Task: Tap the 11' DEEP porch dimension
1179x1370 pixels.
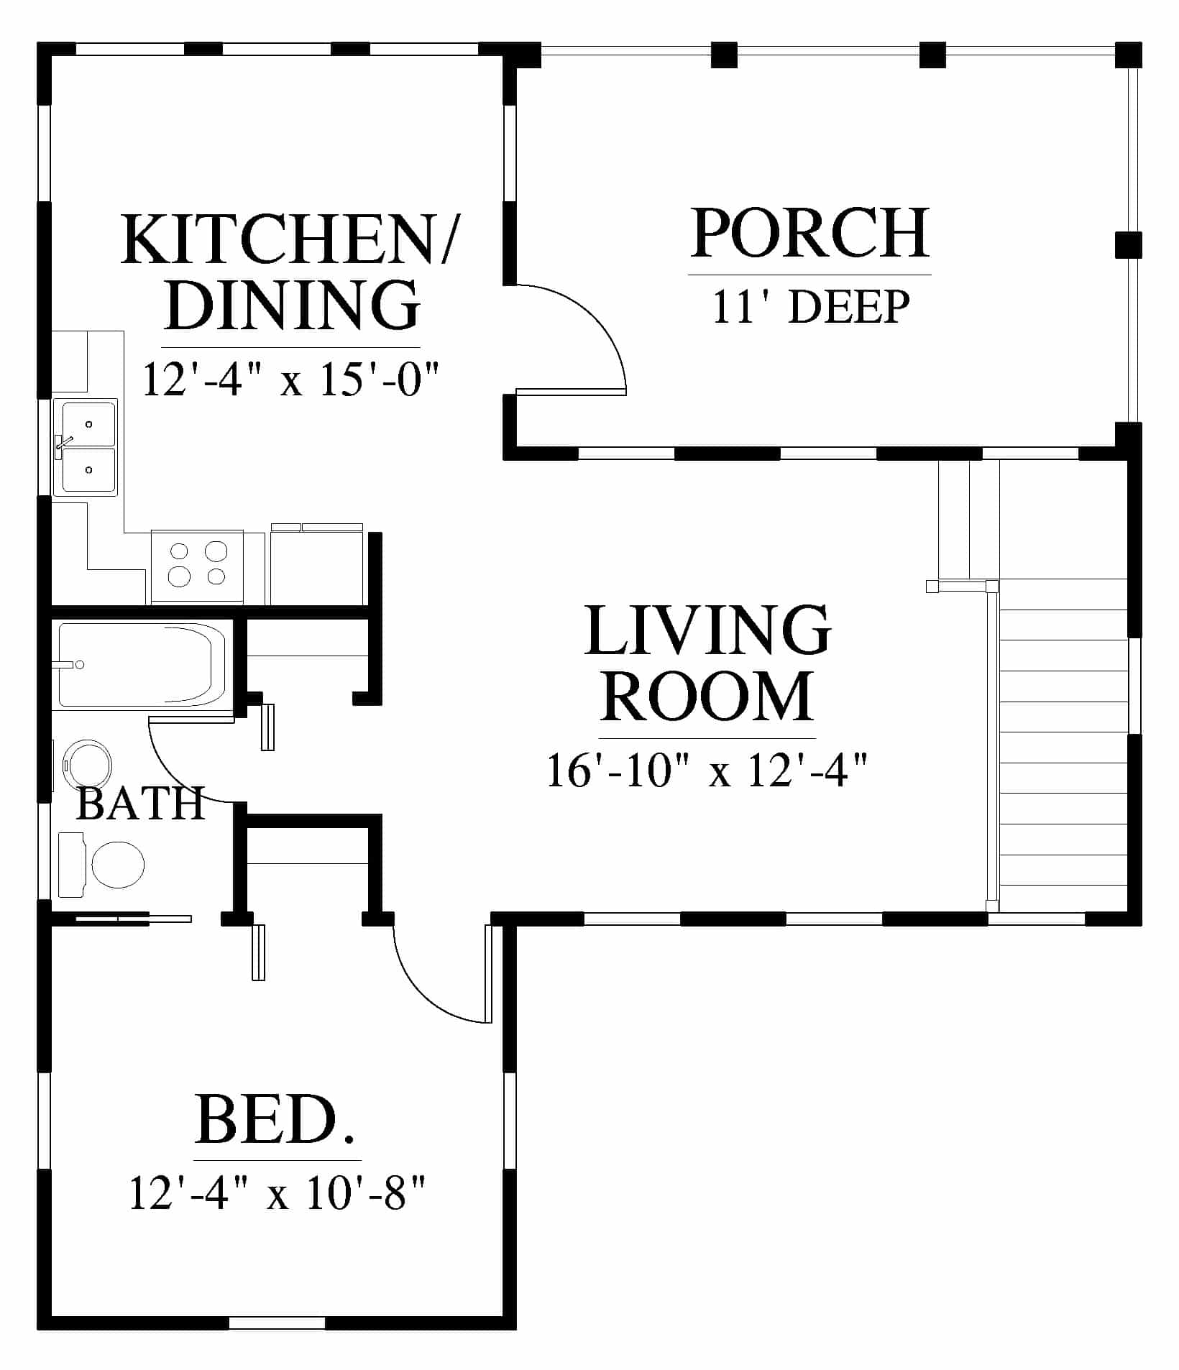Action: [811, 307]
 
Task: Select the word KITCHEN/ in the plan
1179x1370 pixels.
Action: [289, 239]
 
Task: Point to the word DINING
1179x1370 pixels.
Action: [292, 305]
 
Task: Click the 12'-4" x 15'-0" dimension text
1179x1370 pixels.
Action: [290, 379]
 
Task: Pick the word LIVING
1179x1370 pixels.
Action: [708, 630]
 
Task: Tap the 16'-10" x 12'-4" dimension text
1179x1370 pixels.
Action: [708, 771]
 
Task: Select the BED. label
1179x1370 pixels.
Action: [276, 1120]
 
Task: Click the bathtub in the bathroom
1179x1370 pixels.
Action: [142, 666]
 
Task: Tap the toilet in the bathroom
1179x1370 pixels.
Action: [101, 865]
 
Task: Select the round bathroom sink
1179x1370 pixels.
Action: [88, 766]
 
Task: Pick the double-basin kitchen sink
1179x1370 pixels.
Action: [86, 447]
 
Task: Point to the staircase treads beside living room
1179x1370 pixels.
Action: [1063, 748]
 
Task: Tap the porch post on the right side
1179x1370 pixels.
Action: [1128, 245]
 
